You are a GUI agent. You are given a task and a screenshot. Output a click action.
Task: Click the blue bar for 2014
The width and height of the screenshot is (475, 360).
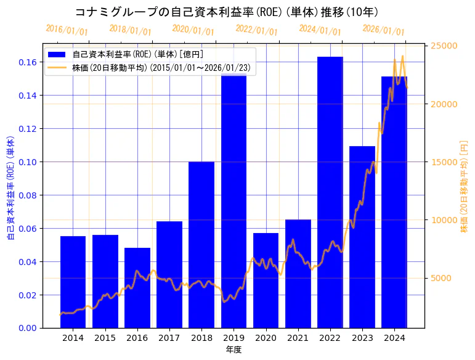pyautogui.click(x=73, y=282)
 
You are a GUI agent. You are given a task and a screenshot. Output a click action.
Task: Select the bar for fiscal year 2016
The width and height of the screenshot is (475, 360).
pyautogui.click(x=137, y=288)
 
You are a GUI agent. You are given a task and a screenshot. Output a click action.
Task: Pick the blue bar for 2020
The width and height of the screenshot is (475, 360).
pyautogui.click(x=266, y=280)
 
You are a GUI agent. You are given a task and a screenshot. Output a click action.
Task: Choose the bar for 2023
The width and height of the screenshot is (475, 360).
pyautogui.click(x=362, y=237)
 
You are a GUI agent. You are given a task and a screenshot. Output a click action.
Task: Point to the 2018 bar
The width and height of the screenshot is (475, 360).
pyautogui.click(x=201, y=245)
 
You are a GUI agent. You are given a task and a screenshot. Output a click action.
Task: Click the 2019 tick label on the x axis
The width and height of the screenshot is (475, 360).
pyautogui.click(x=233, y=338)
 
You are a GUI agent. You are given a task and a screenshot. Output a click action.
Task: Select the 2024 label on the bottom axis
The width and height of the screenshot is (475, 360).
pyautogui.click(x=394, y=338)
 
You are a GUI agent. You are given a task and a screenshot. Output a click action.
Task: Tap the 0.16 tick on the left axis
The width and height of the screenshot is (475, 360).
pyautogui.click(x=26, y=62)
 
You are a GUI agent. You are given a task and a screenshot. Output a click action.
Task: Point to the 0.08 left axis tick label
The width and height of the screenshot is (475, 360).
pyautogui.click(x=26, y=195)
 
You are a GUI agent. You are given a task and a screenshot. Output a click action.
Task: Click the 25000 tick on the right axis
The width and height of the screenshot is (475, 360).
pyautogui.click(x=444, y=46)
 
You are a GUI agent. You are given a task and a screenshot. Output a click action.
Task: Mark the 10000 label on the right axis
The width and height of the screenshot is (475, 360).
pyautogui.click(x=444, y=220)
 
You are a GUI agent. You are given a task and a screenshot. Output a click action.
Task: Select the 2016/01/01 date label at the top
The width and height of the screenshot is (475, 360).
pyautogui.click(x=67, y=30)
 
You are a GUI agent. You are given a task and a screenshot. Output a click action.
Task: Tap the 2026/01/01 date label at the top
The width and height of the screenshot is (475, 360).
pyautogui.click(x=383, y=30)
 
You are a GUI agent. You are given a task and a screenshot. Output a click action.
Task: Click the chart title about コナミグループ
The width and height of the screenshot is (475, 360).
pyautogui.click(x=226, y=12)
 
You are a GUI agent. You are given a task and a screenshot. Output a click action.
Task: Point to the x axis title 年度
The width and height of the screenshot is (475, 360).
pyautogui.click(x=233, y=350)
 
